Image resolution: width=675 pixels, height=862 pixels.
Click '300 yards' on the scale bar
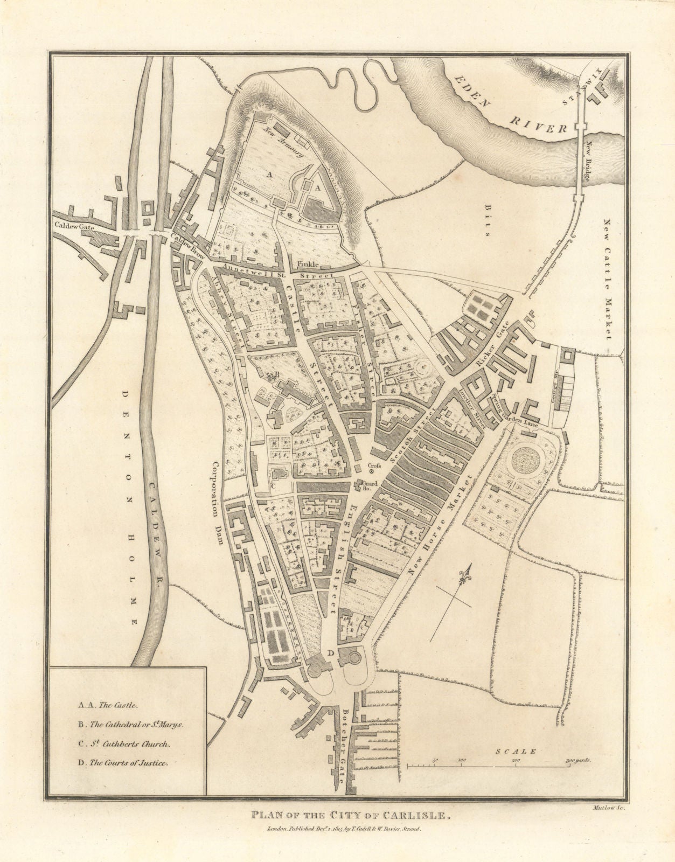click(x=578, y=760)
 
